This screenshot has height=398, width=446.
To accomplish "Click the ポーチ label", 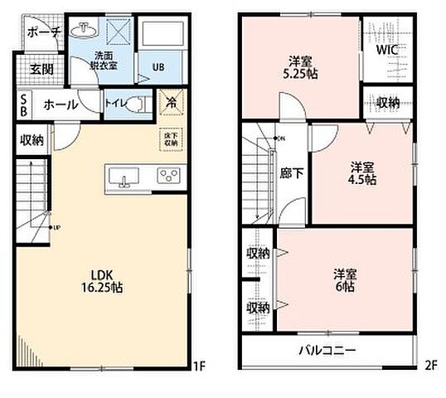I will tap(43, 32).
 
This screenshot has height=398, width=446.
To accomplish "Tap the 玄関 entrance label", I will tap(41, 69).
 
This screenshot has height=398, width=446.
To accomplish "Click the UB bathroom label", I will tap(156, 69).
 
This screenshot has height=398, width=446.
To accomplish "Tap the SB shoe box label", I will tap(24, 105).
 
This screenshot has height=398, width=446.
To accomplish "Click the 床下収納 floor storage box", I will tap(170, 138).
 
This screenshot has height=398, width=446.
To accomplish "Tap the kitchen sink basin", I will tap(127, 176).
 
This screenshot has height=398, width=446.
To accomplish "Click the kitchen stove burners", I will tap(169, 175).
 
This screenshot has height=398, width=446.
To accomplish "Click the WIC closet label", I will tap(387, 50).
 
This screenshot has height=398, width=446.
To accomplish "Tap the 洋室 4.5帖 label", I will tap(362, 172).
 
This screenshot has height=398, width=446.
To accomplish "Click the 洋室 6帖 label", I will tap(345, 279).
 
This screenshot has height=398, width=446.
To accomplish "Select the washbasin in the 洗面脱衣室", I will tap(84, 31).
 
